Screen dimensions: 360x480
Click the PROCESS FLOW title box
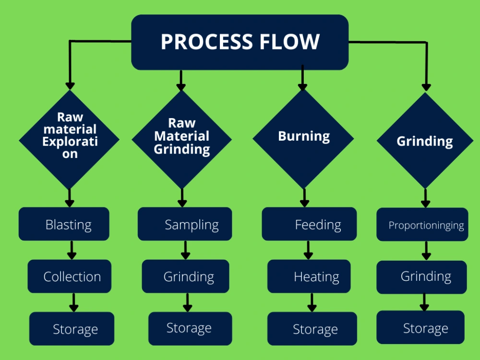coord(240,42)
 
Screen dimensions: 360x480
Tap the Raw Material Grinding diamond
coord(181,139)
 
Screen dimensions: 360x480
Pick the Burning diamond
coord(303,138)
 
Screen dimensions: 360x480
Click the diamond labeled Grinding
coord(425,141)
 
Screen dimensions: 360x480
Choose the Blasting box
coord(64,224)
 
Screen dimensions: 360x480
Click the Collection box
coord(70,276)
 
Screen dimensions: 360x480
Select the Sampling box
coord(185,224)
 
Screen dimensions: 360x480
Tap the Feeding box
coord(309,224)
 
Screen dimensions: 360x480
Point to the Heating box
coord(309,276)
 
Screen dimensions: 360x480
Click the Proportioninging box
coord(422,225)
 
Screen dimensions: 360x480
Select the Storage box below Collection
coord(72,329)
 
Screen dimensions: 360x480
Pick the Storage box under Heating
coord(312,329)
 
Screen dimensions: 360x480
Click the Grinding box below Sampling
coord(185,276)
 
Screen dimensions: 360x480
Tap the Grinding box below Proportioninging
coord(421,277)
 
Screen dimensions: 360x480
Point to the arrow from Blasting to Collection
coord(72,250)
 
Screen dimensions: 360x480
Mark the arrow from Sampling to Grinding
coord(185,250)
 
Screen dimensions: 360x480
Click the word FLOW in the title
coord(288,42)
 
